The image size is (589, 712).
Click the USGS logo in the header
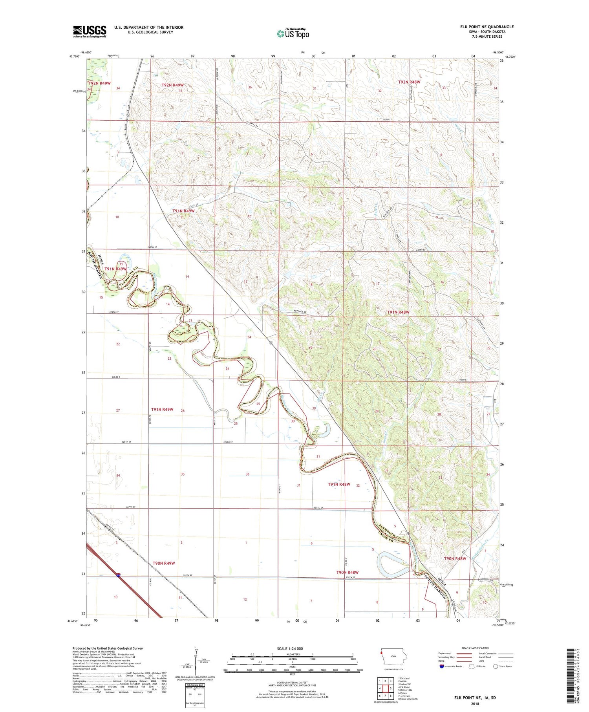[x=90, y=31]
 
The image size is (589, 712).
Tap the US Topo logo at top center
[x=293, y=33]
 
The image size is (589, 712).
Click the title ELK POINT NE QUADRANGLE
[x=487, y=27]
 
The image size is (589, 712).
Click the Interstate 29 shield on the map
[x=118, y=575]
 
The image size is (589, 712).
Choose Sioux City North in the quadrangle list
[x=408, y=699]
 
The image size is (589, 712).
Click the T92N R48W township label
[x=409, y=82]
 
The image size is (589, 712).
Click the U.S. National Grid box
[x=194, y=695]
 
